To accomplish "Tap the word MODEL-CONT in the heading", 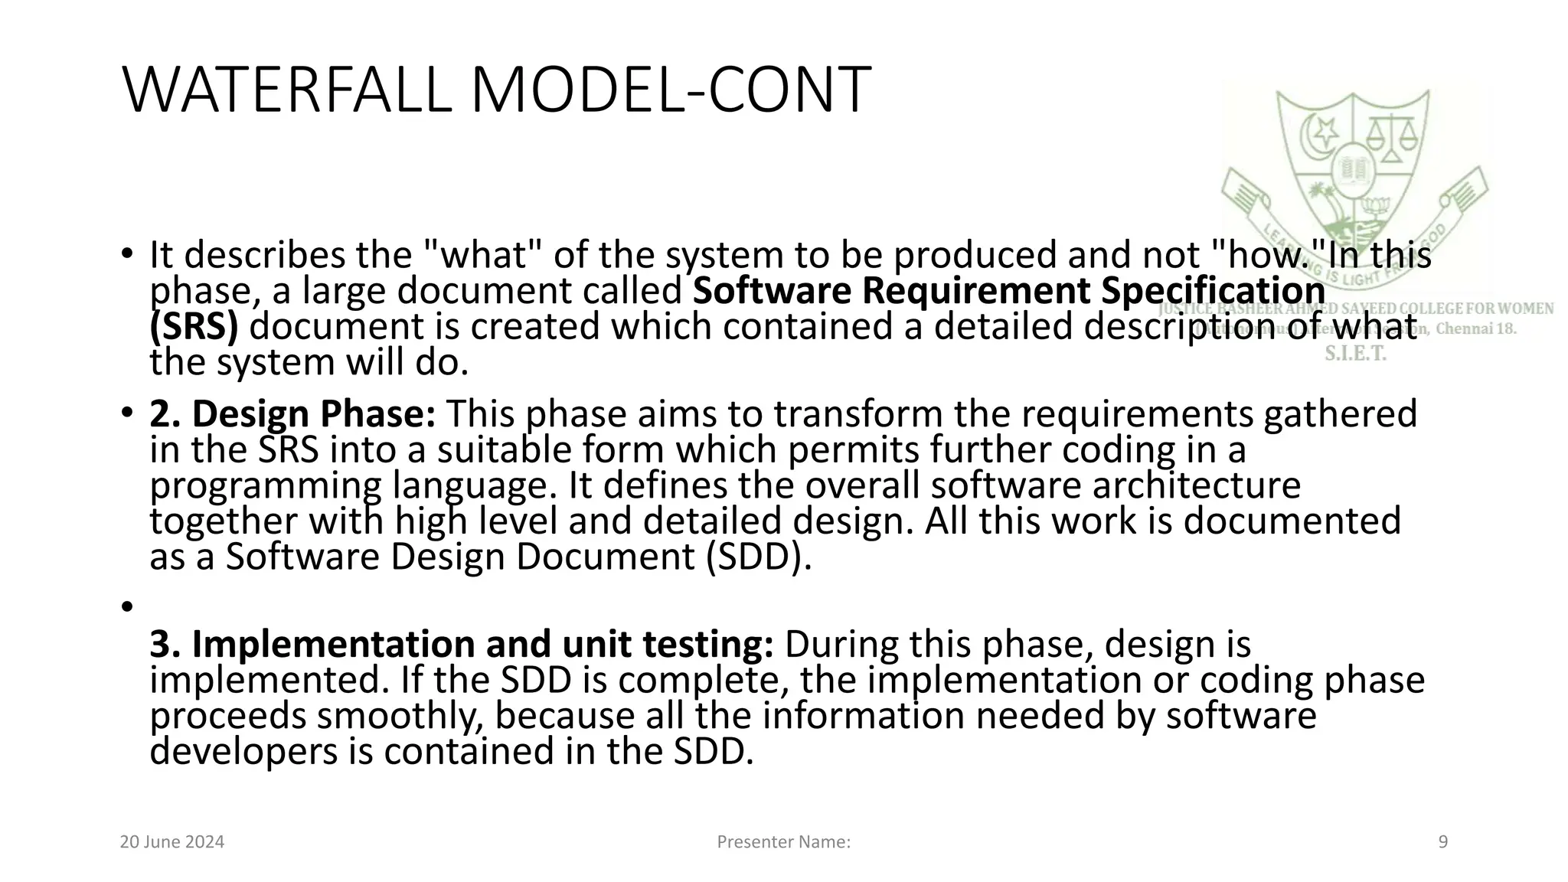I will click(x=671, y=90).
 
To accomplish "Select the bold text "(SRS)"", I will click(x=194, y=327).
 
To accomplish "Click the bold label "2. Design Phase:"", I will click(x=292, y=414).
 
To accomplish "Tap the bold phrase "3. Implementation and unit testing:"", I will click(x=461, y=645).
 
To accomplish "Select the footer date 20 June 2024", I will click(x=172, y=842).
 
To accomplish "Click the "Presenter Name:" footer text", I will click(x=783, y=842).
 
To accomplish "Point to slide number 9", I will click(x=1443, y=842).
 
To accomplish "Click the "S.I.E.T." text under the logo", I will click(x=1355, y=354).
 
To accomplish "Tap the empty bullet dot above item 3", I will click(x=126, y=606).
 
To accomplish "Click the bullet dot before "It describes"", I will click(x=126, y=253).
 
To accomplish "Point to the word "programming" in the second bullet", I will click(x=265, y=487).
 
